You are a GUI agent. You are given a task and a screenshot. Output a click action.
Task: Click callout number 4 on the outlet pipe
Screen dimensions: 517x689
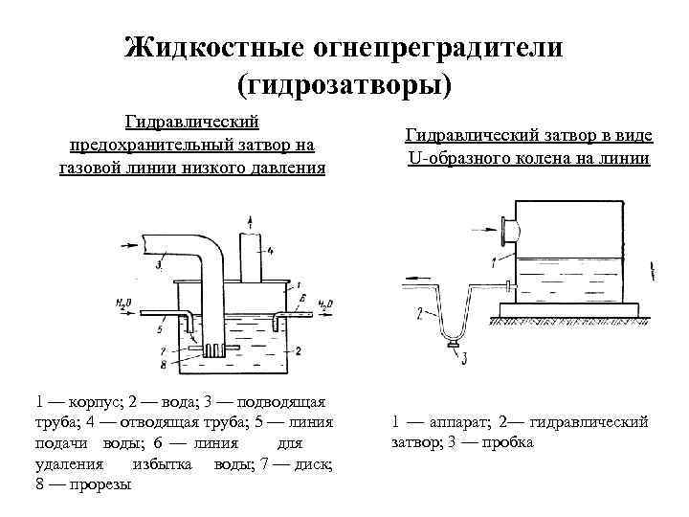coord(271,251)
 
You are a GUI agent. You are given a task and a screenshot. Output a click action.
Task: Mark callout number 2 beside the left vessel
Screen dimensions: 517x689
coord(298,351)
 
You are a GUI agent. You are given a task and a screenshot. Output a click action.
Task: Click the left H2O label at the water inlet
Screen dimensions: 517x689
coord(122,303)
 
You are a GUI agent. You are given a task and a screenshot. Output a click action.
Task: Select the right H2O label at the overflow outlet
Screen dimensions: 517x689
coord(323,303)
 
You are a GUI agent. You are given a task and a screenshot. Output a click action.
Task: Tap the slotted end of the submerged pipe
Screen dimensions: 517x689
coord(213,350)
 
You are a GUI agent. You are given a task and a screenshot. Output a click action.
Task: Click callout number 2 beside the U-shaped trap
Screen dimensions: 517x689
coord(420,312)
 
